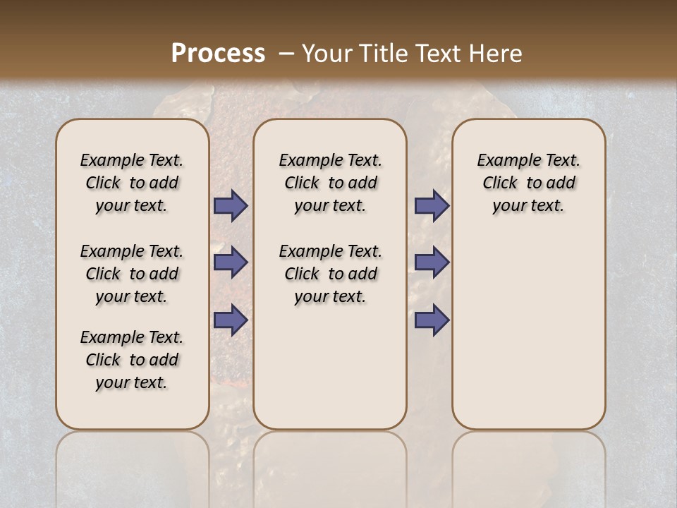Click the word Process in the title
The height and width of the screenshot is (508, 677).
click(x=218, y=53)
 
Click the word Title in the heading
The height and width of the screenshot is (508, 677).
click(x=381, y=53)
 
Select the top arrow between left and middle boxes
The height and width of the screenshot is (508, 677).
click(x=231, y=206)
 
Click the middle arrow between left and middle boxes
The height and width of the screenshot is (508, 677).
click(x=231, y=262)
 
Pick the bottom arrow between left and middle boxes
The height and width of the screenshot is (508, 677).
click(x=231, y=320)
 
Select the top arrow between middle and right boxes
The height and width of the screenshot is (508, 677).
click(x=432, y=206)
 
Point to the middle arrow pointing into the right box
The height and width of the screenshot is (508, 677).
click(x=432, y=262)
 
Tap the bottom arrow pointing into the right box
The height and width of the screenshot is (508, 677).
click(x=432, y=320)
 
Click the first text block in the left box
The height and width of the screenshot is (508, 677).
click(x=132, y=183)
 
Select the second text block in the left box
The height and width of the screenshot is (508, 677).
click(x=132, y=274)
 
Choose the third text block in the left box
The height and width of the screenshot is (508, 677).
click(x=132, y=360)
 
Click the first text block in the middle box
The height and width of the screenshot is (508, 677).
click(x=330, y=183)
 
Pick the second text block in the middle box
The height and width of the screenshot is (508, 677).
click(x=330, y=274)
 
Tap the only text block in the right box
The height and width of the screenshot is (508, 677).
click(x=528, y=183)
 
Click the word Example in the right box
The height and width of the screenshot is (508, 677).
click(x=504, y=161)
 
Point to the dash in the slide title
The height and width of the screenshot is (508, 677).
click(x=286, y=53)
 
